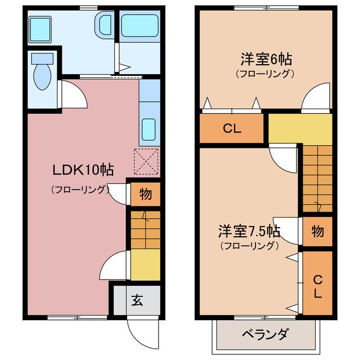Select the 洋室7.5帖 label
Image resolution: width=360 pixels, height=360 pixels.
pyautogui.click(x=249, y=231)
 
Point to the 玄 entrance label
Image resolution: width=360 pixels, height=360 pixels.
pyautogui.click(x=137, y=300)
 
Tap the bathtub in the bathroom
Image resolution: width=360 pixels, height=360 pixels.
pyautogui.click(x=138, y=26)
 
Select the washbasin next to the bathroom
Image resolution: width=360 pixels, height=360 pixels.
pyautogui.click(x=105, y=26)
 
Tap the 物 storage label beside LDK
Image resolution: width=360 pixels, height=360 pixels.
pyautogui.click(x=145, y=195)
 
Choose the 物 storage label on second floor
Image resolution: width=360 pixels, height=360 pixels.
pyautogui.click(x=317, y=231)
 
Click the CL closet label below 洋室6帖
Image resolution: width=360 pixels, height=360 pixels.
pyautogui.click(x=231, y=128)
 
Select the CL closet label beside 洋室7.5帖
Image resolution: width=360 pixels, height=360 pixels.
pyautogui.click(x=317, y=286)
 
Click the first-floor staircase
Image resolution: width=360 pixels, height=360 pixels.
pyautogui.click(x=145, y=228)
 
